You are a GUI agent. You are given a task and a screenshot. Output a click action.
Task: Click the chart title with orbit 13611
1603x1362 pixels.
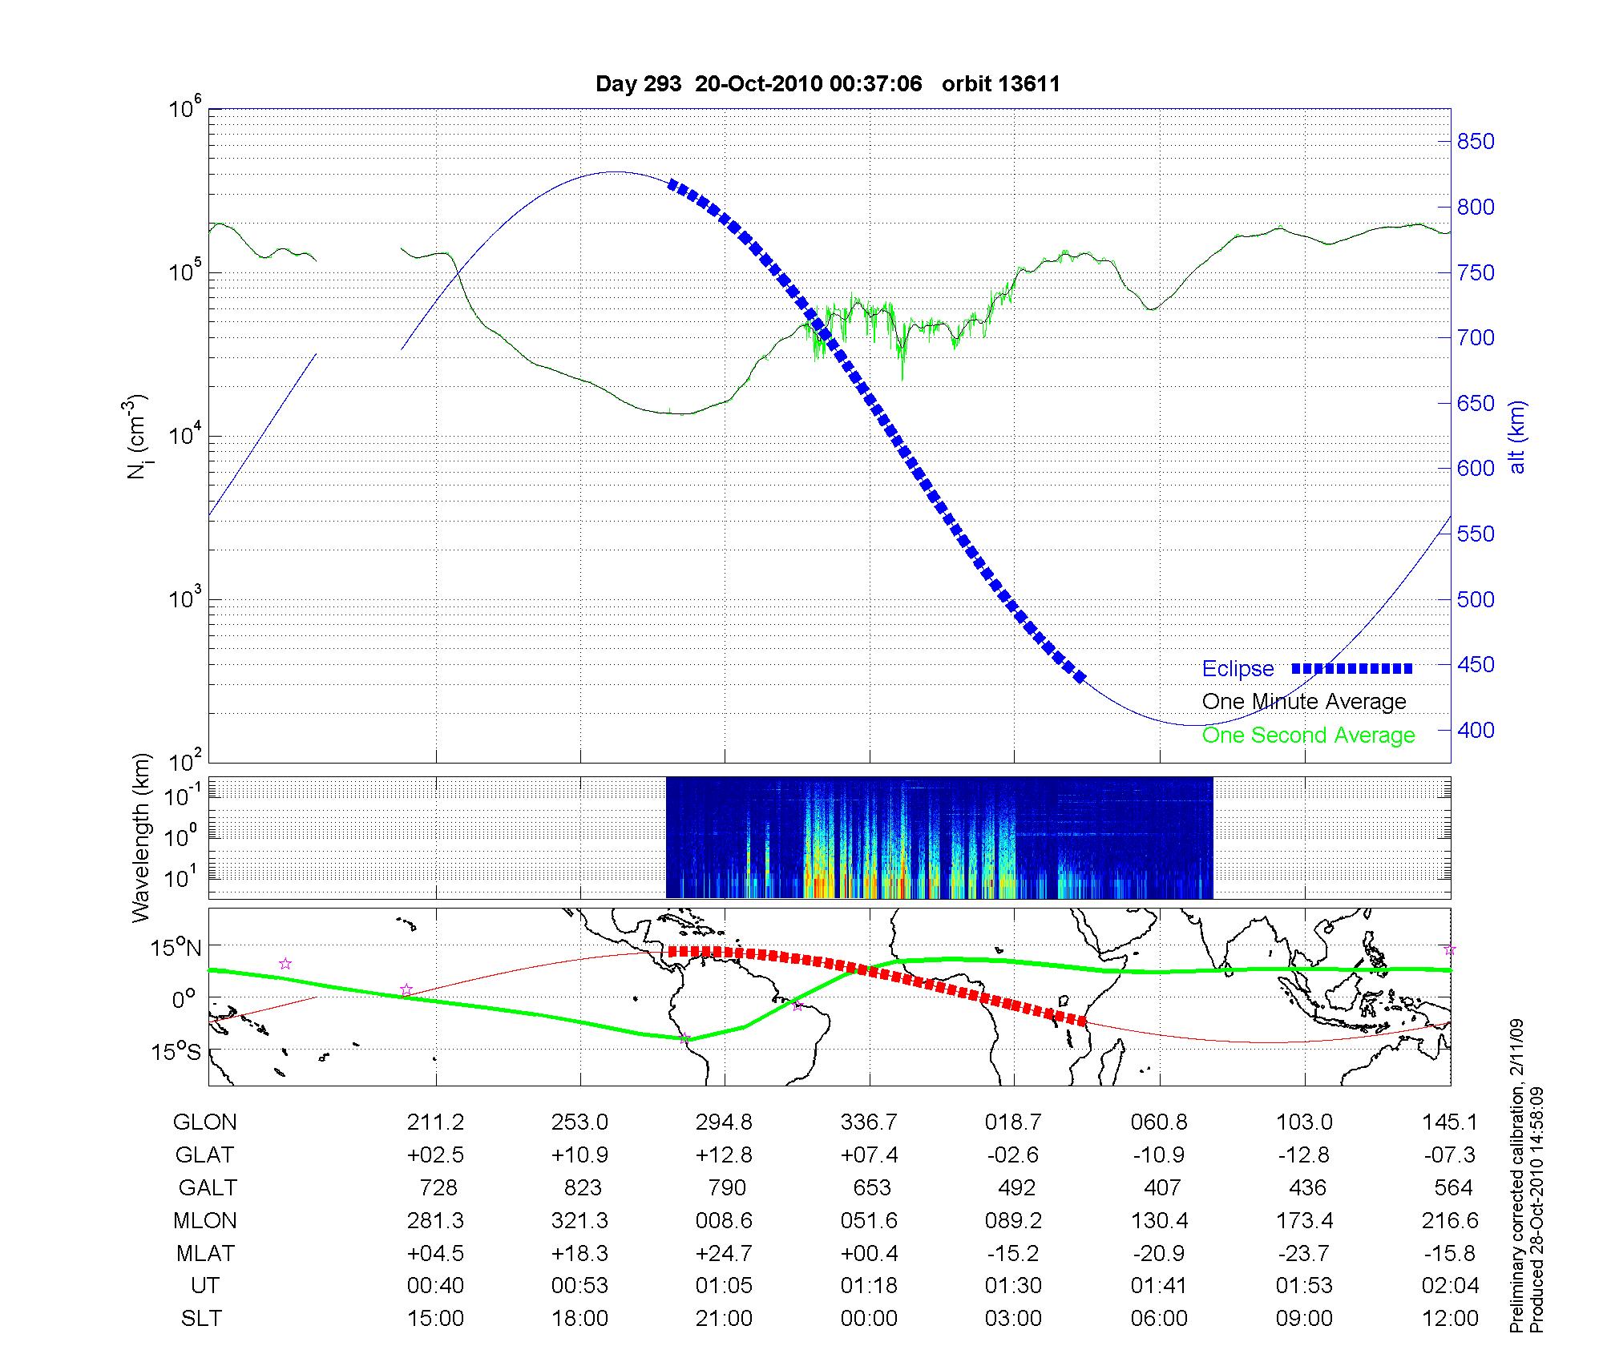pyautogui.click(x=828, y=84)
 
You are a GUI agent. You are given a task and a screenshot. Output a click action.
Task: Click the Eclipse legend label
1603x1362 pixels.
pyautogui.click(x=1238, y=669)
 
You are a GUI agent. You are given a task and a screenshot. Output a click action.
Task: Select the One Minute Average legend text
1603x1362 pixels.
pyautogui.click(x=1304, y=702)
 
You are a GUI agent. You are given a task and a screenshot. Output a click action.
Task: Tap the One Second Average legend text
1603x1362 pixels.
pyautogui.click(x=1308, y=735)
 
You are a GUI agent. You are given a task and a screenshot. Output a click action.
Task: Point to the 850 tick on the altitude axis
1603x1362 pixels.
pyautogui.click(x=1476, y=142)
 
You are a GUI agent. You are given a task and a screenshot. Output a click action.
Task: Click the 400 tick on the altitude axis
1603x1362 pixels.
pyautogui.click(x=1476, y=730)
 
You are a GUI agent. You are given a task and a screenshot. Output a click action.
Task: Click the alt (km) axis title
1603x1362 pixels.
pyautogui.click(x=1517, y=437)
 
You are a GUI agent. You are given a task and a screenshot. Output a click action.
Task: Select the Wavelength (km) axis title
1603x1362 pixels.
pyautogui.click(x=141, y=837)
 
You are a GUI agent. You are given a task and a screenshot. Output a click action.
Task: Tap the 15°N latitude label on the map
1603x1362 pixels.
pyautogui.click(x=177, y=949)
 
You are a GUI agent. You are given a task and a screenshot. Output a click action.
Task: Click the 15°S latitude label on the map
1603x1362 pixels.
pyautogui.click(x=177, y=1051)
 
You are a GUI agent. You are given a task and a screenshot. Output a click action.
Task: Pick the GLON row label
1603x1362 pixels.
pyautogui.click(x=204, y=1122)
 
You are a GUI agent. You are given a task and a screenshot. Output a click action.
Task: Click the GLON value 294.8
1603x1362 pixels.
pyautogui.click(x=724, y=1122)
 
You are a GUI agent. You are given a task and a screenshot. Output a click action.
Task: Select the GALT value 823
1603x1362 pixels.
pyautogui.click(x=583, y=1187)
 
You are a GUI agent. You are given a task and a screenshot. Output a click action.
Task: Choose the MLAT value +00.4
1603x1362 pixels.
pyautogui.click(x=869, y=1253)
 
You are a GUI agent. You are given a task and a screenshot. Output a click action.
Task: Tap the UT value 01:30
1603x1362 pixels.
pyautogui.click(x=1014, y=1286)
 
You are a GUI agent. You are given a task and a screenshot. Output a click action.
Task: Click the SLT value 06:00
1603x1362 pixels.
pyautogui.click(x=1159, y=1319)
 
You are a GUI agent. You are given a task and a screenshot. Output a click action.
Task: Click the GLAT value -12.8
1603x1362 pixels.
pyautogui.click(x=1304, y=1155)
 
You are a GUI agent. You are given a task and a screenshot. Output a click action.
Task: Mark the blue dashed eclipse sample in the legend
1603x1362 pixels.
pyautogui.click(x=1352, y=668)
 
